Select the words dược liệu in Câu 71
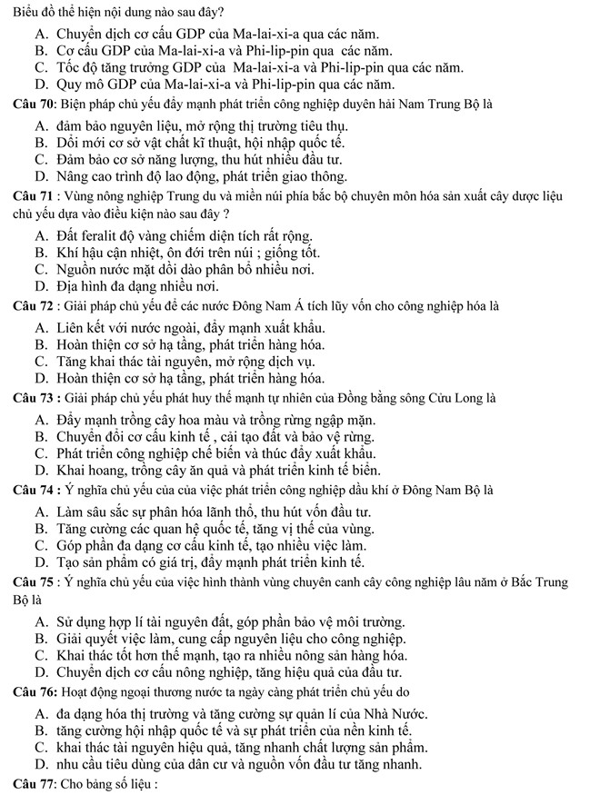point(543,196)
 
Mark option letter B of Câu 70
point(40,143)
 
